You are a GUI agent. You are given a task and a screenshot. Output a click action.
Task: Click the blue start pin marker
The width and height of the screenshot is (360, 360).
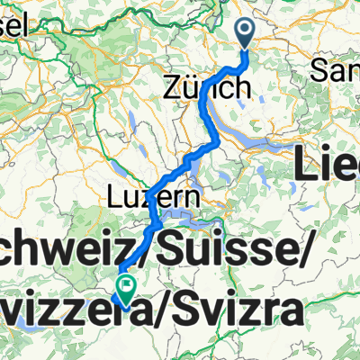(247, 34)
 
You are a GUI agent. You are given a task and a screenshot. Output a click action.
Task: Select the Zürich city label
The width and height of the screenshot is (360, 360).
(206, 87)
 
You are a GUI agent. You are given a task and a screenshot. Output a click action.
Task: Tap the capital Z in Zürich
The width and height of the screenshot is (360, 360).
(173, 87)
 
